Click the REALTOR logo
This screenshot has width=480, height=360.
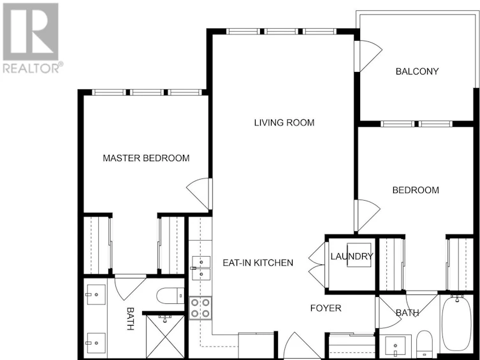coord(32,38)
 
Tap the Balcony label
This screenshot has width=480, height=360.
coord(417,71)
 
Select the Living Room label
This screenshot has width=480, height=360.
coord(284,122)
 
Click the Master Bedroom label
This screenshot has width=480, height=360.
coord(146,158)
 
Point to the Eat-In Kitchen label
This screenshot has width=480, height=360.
coord(258,263)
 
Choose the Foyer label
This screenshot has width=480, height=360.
coord(326,308)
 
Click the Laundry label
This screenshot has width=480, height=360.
coord(352,256)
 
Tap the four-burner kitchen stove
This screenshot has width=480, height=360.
coord(200,308)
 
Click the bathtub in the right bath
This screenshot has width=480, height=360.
coord(456,324)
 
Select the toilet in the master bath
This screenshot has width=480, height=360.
coord(170,296)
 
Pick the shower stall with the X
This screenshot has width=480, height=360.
coord(165,336)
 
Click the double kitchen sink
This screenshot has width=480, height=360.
coord(201,268)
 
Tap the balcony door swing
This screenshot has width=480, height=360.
coord(369,57)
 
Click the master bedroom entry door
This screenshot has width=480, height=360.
coord(199,194)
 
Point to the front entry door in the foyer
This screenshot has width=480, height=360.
coord(295,345)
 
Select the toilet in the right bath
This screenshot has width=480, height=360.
coord(425,343)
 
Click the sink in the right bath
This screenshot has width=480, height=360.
coord(395,346)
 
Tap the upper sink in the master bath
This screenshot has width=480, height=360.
coord(96,294)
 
